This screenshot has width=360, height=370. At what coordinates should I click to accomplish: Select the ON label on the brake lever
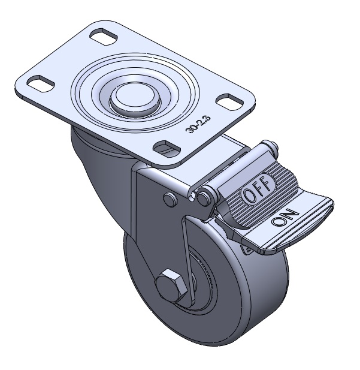[285, 218]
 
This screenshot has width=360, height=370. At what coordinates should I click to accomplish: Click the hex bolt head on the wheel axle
[171, 285]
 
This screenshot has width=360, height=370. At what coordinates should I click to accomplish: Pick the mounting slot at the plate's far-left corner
[41, 83]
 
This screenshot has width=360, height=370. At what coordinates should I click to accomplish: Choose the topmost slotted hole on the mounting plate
[104, 37]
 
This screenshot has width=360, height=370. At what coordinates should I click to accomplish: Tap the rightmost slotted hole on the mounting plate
[229, 102]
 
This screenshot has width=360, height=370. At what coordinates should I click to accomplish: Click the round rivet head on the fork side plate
[170, 199]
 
